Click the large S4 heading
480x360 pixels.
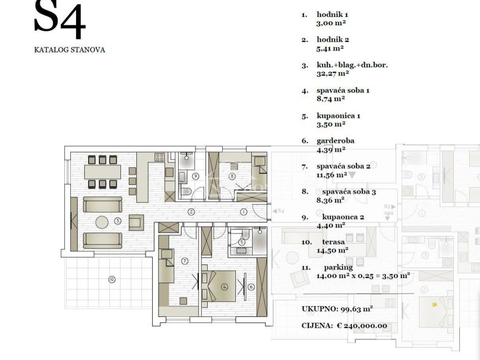click(60, 19)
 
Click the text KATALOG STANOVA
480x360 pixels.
click(69, 50)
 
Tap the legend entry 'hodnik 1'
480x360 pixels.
click(332, 15)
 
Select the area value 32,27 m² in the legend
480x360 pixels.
click(333, 74)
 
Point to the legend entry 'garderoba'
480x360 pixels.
click(336, 141)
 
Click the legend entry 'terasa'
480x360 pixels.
click(333, 242)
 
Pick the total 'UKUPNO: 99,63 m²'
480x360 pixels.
click(337, 309)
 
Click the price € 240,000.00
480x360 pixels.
click(362, 326)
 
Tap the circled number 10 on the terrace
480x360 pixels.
click(112, 279)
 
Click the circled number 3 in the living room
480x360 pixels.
click(118, 221)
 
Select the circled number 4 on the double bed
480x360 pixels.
click(225, 287)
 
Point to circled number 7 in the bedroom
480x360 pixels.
click(185, 261)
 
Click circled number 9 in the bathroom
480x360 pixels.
click(195, 176)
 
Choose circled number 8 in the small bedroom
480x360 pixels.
click(232, 176)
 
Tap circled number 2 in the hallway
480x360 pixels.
click(191, 211)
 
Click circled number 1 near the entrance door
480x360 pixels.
click(243, 211)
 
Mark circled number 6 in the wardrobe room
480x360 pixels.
click(251, 287)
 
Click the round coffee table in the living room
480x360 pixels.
click(102, 223)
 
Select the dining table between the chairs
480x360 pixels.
click(103, 172)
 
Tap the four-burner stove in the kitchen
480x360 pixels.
click(159, 157)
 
